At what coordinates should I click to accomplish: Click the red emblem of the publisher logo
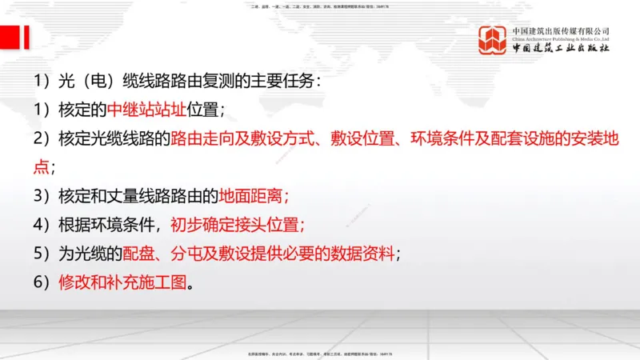[493, 40]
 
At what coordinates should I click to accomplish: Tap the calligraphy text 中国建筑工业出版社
[562, 49]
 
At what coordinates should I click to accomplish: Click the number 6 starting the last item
[38, 282]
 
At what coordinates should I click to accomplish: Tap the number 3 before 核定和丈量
[38, 196]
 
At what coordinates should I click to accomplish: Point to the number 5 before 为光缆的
[38, 254]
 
